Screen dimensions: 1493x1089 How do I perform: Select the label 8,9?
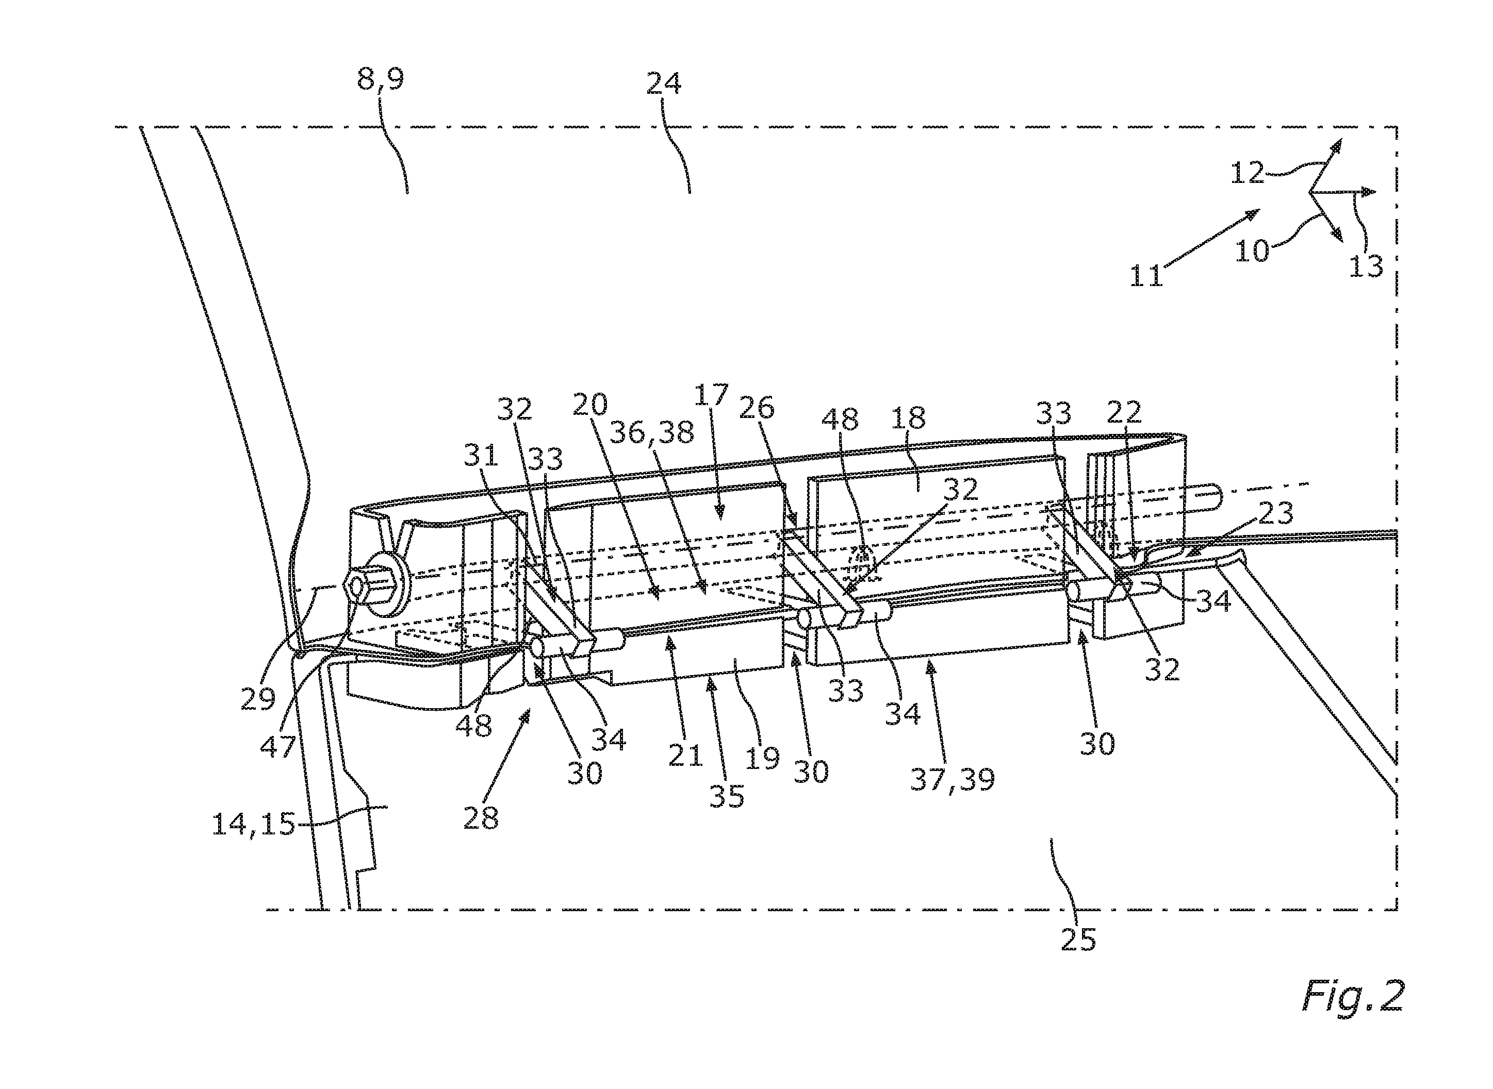click(381, 81)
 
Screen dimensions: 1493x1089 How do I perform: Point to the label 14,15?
click(253, 825)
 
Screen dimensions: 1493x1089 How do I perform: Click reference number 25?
click(1078, 939)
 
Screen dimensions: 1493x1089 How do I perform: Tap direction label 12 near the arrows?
click(1247, 173)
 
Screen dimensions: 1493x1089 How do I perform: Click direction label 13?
click(1366, 266)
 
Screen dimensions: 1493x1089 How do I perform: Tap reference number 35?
click(727, 796)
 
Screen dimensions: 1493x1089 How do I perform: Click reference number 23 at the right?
click(1276, 513)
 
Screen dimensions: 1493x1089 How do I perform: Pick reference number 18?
click(909, 418)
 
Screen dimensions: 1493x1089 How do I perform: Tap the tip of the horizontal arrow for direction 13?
click(1375, 192)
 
